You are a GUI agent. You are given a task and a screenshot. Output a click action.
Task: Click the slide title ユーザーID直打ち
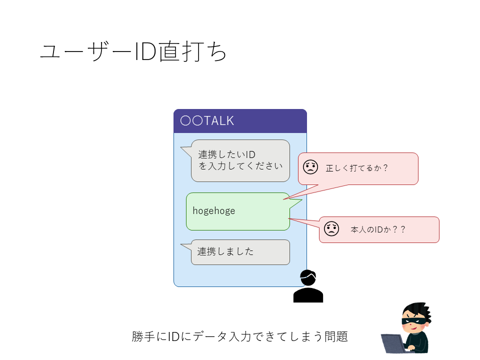tap(133, 51)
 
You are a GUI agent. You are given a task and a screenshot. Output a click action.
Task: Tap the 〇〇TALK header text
tap(207, 120)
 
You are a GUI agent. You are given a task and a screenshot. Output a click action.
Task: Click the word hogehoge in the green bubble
tap(214, 211)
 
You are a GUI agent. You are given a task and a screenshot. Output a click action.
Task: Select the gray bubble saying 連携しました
tap(240, 252)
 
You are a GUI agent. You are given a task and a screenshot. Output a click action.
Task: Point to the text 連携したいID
tap(226, 154)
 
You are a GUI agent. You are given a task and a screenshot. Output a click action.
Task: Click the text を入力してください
tap(240, 166)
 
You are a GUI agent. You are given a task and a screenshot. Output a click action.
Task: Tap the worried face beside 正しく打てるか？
tap(310, 167)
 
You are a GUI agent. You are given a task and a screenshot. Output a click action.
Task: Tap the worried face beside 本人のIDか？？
tap(331, 228)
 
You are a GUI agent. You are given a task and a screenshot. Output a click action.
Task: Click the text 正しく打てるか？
tap(356, 168)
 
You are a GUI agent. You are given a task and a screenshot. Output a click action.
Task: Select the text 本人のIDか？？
tap(378, 229)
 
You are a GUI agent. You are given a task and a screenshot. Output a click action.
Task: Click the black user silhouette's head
tap(308, 277)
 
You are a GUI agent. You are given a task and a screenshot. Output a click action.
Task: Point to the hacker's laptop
tap(395, 344)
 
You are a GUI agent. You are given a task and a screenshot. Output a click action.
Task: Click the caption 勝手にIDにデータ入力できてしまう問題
tap(239, 336)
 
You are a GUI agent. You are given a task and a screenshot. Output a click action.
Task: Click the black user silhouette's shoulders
tap(308, 295)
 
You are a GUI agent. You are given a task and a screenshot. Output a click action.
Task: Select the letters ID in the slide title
tap(145, 51)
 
